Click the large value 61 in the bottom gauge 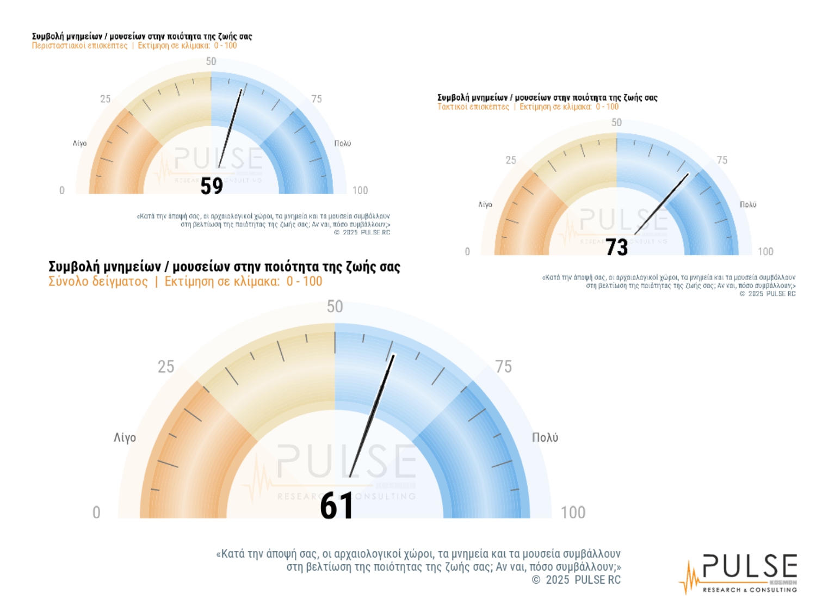(x=336, y=506)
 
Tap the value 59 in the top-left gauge (x=212, y=186)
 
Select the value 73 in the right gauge (x=617, y=247)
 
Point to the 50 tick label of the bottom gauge (x=335, y=306)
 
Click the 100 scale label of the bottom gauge (x=573, y=512)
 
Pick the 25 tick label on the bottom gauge (x=166, y=367)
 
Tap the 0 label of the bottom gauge (x=96, y=512)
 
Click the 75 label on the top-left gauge (x=317, y=99)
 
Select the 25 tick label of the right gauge (x=510, y=160)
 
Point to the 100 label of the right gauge (x=765, y=251)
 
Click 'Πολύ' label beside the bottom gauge (x=545, y=438)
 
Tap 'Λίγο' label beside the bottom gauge (x=125, y=438)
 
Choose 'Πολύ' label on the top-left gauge (x=343, y=143)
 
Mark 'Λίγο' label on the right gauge (x=485, y=205)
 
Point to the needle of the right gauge (x=662, y=204)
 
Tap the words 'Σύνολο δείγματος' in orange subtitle (x=98, y=281)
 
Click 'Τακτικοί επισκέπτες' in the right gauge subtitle (x=473, y=107)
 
